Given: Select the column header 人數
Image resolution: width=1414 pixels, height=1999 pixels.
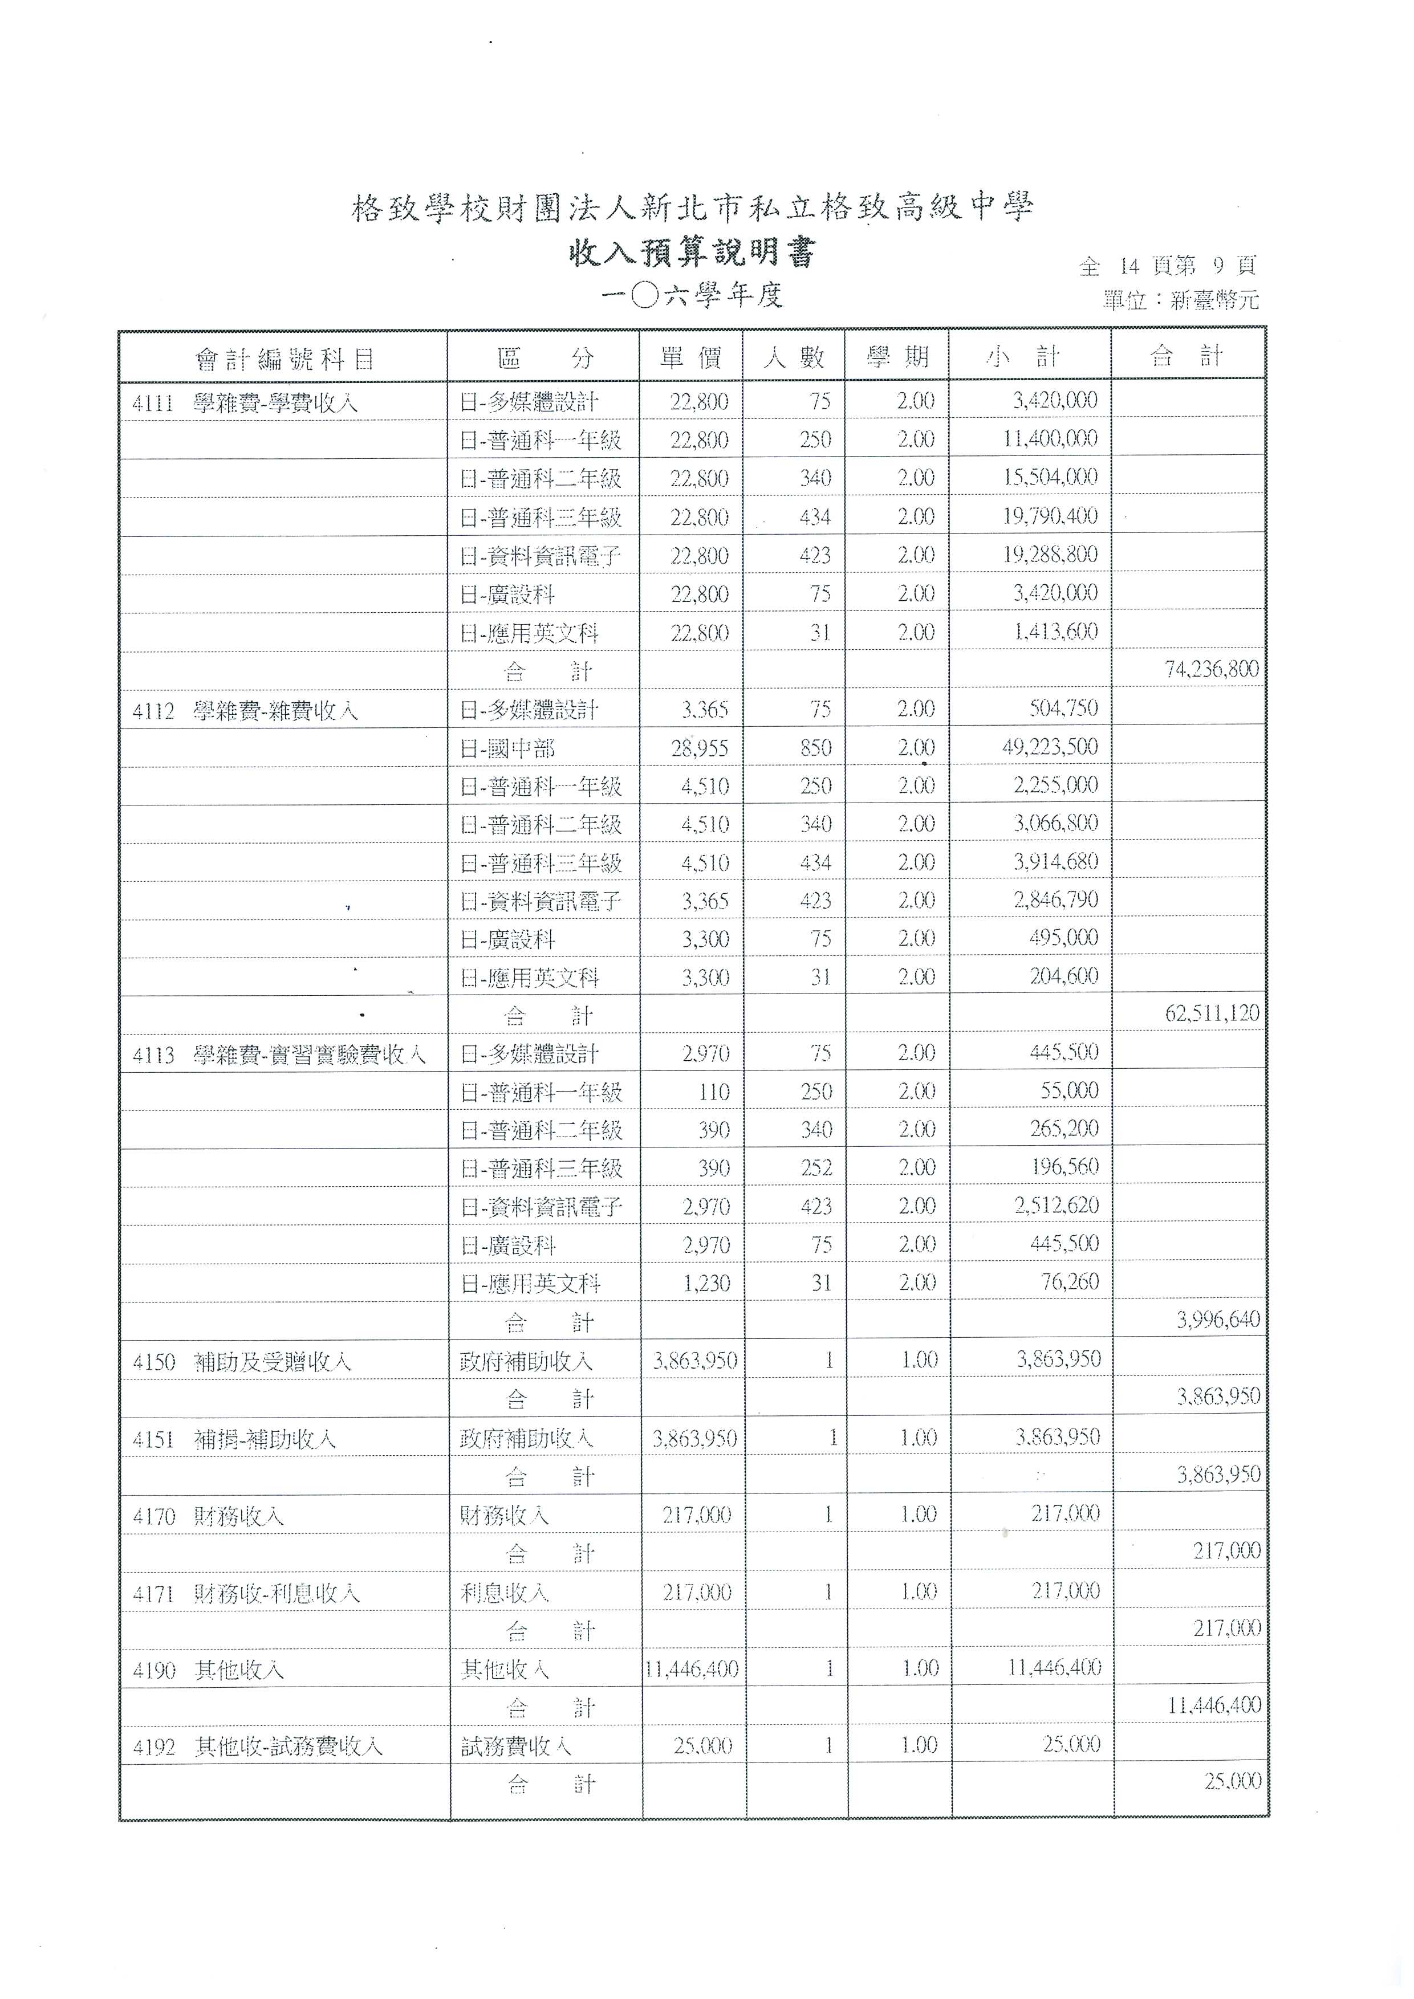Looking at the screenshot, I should tap(793, 357).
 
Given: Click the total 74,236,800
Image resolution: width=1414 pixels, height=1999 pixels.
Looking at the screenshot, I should tap(1211, 669).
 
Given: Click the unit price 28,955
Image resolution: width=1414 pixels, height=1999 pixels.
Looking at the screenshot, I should tap(699, 748).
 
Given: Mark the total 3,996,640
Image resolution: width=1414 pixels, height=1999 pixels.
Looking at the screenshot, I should tap(1217, 1320).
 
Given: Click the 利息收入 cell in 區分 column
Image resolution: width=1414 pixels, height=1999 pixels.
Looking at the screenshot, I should tap(505, 1593).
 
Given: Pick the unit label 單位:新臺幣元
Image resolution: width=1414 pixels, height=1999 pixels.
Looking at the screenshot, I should tap(1180, 300).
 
